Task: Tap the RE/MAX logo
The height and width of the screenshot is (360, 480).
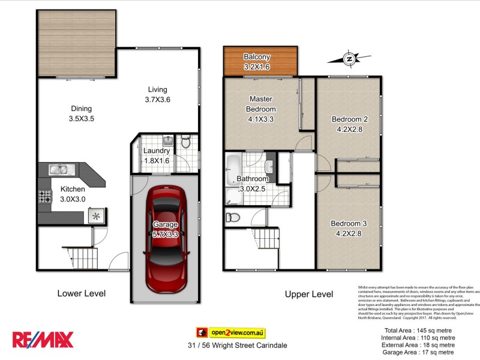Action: tap(43, 340)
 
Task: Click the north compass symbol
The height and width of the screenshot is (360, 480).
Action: tap(348, 59)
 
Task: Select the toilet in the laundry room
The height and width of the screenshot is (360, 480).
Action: tap(185, 143)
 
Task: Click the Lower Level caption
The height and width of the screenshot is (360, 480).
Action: tap(82, 293)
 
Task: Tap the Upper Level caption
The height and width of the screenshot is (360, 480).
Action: tap(310, 294)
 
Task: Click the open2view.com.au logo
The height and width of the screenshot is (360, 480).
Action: tap(231, 332)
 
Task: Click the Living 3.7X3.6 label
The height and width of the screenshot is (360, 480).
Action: tap(158, 95)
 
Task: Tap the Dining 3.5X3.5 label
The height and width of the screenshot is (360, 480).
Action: tap(82, 113)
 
